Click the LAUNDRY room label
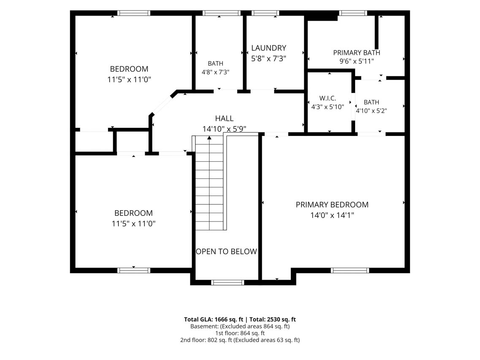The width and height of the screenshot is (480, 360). pyautogui.click(x=268, y=48)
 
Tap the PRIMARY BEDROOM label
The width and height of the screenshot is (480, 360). pyautogui.click(x=332, y=205)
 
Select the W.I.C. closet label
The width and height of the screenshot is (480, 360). pyautogui.click(x=328, y=98)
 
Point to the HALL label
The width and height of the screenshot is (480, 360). pyautogui.click(x=224, y=119)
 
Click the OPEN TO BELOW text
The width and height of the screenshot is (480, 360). pyautogui.click(x=227, y=252)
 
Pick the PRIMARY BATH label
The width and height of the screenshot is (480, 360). pyautogui.click(x=357, y=53)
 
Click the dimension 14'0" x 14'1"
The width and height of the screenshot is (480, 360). pyautogui.click(x=332, y=215)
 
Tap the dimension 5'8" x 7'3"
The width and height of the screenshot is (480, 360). pyautogui.click(x=268, y=59)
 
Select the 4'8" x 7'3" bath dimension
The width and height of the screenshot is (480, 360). pyautogui.click(x=215, y=72)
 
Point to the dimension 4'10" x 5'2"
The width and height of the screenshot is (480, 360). pyautogui.click(x=372, y=111)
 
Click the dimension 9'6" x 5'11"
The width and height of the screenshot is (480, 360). pyautogui.click(x=357, y=61)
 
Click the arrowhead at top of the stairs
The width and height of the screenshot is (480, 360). pyautogui.click(x=209, y=138)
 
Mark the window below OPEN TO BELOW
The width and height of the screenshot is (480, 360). pyautogui.click(x=228, y=282)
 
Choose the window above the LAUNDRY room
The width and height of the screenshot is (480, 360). pyautogui.click(x=265, y=13)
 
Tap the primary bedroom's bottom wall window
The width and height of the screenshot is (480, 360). pyautogui.click(x=350, y=270)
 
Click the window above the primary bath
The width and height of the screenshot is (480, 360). pyautogui.click(x=353, y=13)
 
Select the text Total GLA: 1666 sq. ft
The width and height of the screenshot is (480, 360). pyautogui.click(x=214, y=319)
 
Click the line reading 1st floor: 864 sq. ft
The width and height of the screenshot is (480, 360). pyautogui.click(x=240, y=333)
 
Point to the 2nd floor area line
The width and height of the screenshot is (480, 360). pyautogui.click(x=240, y=340)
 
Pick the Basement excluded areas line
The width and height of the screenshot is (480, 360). pyautogui.click(x=240, y=326)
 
